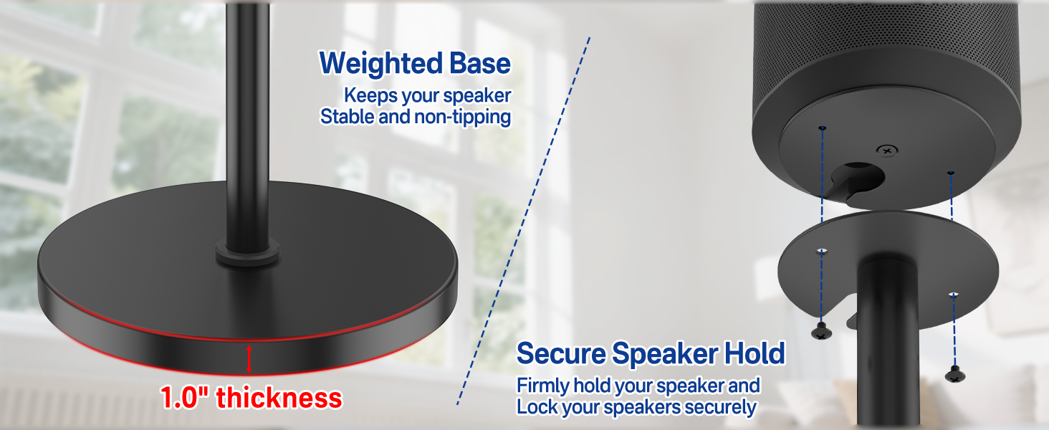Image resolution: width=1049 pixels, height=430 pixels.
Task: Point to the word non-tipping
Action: (462, 117)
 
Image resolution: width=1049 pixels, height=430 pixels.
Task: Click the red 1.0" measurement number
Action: (184, 398)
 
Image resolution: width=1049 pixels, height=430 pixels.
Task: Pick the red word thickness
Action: (279, 398)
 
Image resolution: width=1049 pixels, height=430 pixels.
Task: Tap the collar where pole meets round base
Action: (248, 254)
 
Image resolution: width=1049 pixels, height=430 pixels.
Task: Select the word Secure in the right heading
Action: (560, 354)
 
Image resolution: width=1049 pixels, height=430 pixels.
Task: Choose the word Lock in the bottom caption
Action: (534, 407)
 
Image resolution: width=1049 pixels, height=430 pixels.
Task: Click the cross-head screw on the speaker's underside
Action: (888, 150)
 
